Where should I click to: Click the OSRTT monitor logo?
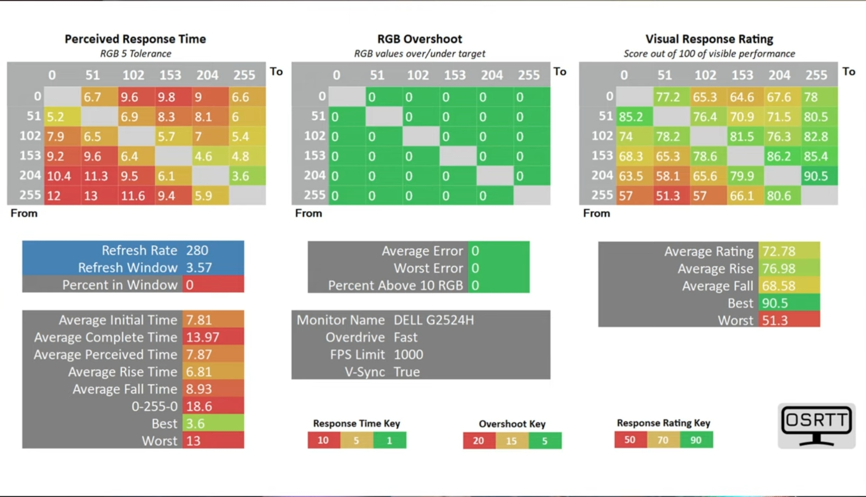tap(816, 426)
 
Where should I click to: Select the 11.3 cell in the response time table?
tap(99, 176)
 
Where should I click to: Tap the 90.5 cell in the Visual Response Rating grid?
tap(819, 176)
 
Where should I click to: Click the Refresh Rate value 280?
tap(197, 250)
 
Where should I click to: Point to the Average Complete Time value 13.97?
tap(203, 337)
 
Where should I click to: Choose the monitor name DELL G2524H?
tap(433, 320)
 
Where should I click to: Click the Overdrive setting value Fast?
tap(405, 337)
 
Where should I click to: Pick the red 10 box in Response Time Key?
tap(324, 440)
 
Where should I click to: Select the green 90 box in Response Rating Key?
tap(696, 440)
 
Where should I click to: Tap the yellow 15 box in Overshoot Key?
tap(512, 441)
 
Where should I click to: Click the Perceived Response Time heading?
tap(135, 39)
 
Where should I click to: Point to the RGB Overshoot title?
tap(420, 39)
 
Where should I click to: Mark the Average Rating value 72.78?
tap(779, 251)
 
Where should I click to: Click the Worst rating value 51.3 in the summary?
tap(775, 320)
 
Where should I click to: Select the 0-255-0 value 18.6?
tap(199, 406)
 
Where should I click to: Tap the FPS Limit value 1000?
tap(408, 354)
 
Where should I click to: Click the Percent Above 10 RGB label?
tap(395, 285)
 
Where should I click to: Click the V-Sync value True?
tap(407, 372)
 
